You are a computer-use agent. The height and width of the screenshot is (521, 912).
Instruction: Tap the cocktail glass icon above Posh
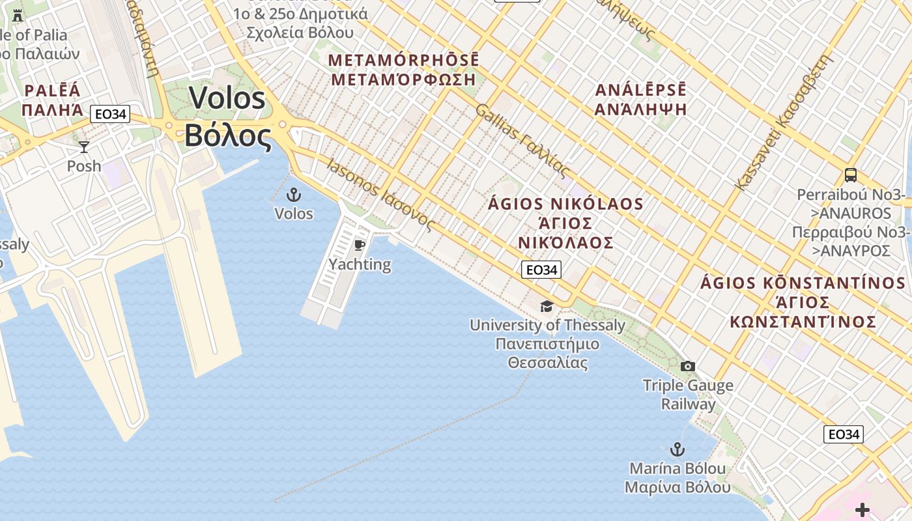(x=84, y=147)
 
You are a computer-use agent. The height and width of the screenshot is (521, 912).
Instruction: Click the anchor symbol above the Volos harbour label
(x=294, y=194)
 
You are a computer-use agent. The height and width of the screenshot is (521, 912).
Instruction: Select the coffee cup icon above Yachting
(x=359, y=245)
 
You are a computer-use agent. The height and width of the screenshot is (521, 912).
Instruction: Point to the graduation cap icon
(x=547, y=306)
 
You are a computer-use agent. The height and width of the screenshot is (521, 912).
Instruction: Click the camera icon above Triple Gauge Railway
(x=687, y=367)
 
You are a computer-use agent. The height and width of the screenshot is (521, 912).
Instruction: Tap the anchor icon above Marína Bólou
(x=677, y=449)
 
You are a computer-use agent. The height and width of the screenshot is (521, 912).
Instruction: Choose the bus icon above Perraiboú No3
(x=851, y=175)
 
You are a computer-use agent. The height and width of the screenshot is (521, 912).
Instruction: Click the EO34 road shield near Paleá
(x=110, y=115)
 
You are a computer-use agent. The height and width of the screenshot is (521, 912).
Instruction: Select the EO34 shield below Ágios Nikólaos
(x=541, y=270)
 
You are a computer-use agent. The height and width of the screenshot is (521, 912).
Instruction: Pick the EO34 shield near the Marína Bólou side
(x=843, y=434)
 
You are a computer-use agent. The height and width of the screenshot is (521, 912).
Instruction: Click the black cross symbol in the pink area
(x=862, y=509)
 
